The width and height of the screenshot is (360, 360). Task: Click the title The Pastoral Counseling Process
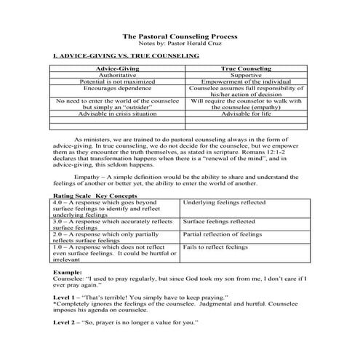[179, 34]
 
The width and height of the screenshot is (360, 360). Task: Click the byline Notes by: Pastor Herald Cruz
[179, 42]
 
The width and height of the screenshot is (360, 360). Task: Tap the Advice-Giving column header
[116, 68]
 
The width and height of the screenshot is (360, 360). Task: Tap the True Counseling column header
[241, 68]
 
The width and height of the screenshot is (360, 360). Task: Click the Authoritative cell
[116, 75]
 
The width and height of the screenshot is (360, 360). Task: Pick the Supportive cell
[241, 75]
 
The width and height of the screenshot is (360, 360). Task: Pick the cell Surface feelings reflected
[219, 220]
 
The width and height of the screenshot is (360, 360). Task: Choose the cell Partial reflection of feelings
[222, 234]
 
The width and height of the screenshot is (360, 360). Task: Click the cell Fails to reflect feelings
[215, 247]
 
